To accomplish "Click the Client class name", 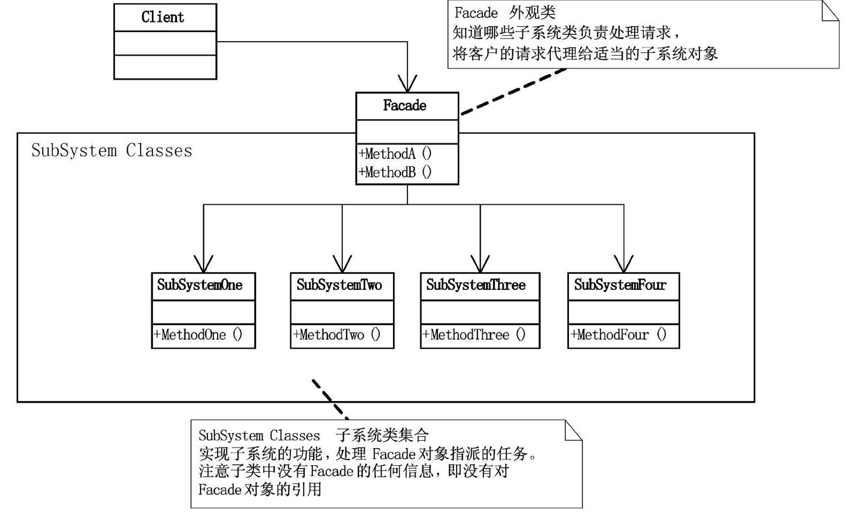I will click(163, 18).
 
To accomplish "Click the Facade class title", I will click(405, 106).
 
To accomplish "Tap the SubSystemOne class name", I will click(200, 285).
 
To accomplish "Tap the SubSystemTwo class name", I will click(339, 285).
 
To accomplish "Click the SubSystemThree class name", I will click(476, 285).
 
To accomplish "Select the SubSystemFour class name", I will click(620, 285).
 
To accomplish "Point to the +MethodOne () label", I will click(198, 335).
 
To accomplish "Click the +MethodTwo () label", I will click(337, 335).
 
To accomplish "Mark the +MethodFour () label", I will click(618, 335).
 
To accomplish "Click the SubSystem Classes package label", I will click(112, 151).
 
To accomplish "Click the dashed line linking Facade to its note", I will click(513, 92).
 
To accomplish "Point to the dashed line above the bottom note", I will click(330, 399).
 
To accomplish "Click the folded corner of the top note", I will click(830, 11).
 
